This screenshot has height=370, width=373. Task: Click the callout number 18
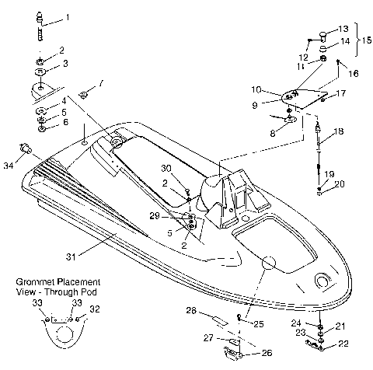coord(338,133)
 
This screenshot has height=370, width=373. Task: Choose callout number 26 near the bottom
coord(268,353)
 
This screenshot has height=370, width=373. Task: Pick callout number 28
coord(190,311)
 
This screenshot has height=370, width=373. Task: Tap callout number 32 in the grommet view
coord(95,308)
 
